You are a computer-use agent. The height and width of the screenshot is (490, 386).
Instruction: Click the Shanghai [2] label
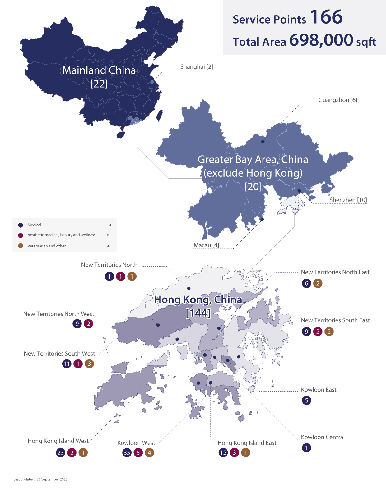[x=197, y=67]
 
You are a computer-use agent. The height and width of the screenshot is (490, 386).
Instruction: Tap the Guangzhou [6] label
[x=337, y=100]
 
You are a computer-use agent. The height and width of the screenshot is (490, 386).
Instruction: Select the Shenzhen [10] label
[x=348, y=200]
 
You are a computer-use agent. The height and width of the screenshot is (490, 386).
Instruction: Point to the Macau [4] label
[x=206, y=245]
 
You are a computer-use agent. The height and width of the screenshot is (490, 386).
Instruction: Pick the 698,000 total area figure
[x=321, y=40]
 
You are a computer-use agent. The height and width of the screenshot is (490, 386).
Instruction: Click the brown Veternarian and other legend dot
[x=21, y=246]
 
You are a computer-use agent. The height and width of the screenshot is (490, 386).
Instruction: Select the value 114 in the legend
[x=108, y=225]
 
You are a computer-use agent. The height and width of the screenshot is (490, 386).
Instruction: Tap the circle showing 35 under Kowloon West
[x=127, y=453]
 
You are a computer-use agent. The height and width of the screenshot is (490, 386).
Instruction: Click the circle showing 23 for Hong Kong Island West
[x=61, y=453]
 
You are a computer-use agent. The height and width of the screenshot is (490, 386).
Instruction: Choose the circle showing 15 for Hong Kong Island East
[x=223, y=453]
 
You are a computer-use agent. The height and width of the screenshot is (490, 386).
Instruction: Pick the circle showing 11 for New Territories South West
[x=67, y=364]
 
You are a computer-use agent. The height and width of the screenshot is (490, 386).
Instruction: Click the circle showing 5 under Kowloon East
[x=306, y=401]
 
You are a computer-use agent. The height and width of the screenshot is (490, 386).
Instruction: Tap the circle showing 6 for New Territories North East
[x=306, y=284]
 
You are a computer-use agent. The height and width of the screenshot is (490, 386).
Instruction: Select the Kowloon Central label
[x=323, y=437]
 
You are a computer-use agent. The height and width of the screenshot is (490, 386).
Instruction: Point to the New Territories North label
[x=109, y=265]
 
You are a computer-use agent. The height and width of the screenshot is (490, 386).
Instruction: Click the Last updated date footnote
[x=40, y=479]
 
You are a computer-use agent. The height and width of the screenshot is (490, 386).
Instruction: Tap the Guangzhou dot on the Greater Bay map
[x=263, y=142]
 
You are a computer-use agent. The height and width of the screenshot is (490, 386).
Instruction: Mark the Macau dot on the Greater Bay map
[x=262, y=220]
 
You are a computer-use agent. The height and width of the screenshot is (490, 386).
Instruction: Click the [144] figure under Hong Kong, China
[x=198, y=313]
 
